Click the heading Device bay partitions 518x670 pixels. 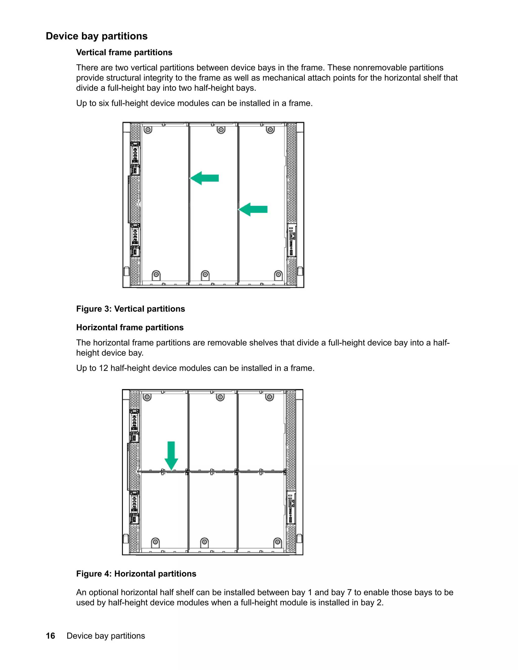tap(96, 36)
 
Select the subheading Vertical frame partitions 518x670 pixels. tap(124, 52)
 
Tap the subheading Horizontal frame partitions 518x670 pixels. tap(130, 327)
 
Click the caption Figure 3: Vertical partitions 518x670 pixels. tap(131, 309)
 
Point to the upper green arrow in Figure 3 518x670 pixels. tap(204, 178)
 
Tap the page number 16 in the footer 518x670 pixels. tap(50, 636)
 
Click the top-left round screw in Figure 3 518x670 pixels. tap(148, 130)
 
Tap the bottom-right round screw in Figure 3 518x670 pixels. tap(278, 274)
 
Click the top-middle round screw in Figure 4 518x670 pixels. tap(220, 397)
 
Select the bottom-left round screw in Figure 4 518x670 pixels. tap(155, 542)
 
